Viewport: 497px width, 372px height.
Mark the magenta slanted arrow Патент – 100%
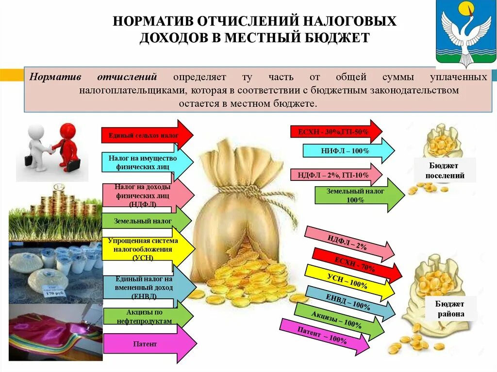point(323,336)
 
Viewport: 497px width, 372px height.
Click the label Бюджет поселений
point(445,170)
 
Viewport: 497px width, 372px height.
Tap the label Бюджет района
point(449,309)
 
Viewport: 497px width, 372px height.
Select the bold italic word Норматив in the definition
point(55,78)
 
